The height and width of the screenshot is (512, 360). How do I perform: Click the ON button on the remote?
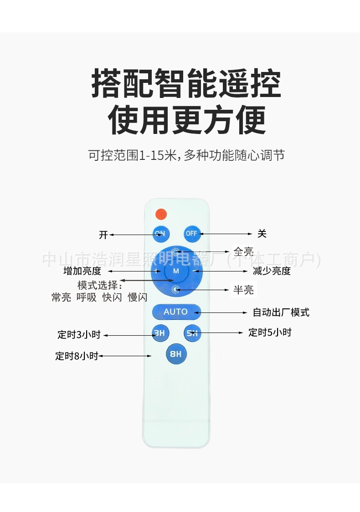click(160, 234)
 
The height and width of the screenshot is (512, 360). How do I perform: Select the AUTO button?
click(176, 312)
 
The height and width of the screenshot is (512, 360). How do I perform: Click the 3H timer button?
click(159, 333)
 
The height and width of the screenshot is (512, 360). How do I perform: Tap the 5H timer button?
click(192, 333)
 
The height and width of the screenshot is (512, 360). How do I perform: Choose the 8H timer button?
click(176, 354)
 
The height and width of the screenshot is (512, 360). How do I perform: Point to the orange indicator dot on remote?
click(161, 213)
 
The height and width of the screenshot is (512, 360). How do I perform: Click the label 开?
click(103, 235)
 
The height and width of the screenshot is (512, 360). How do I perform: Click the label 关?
click(262, 234)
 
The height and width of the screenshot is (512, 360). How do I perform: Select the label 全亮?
click(243, 251)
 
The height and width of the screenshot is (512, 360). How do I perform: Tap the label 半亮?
click(243, 290)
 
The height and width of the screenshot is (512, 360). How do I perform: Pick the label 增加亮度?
click(82, 271)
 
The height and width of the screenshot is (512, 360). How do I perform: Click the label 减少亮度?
click(272, 271)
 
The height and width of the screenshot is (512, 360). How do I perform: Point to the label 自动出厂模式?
click(281, 312)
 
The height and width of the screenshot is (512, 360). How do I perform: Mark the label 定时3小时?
click(79, 335)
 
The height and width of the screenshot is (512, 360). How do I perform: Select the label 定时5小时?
click(270, 333)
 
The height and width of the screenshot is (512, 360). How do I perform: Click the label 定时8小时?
click(77, 356)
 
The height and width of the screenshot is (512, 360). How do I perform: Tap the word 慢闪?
click(138, 297)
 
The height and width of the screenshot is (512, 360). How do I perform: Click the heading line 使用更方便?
click(187, 120)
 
